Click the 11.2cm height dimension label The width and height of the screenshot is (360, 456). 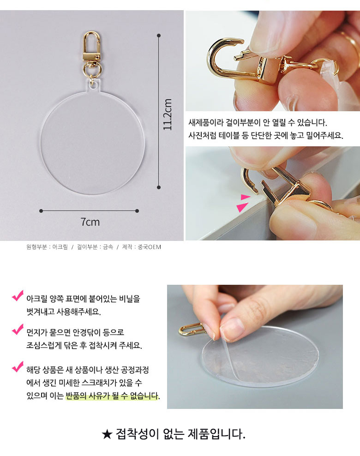click(x=168, y=114)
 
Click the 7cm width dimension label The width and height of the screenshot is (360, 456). click(x=90, y=222)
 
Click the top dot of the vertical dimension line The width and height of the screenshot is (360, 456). click(x=159, y=36)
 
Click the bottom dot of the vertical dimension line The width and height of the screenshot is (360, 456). click(x=159, y=187)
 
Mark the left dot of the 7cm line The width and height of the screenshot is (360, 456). click(x=41, y=211)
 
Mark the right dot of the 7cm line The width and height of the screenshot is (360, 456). click(x=137, y=211)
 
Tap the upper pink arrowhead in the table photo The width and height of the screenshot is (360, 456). click(x=245, y=197)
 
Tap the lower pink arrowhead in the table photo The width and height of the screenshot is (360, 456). click(x=242, y=207)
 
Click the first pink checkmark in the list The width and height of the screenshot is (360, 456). click(x=18, y=295)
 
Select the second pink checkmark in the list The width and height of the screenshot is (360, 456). click(x=18, y=329)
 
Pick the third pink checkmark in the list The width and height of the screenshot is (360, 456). click(x=18, y=367)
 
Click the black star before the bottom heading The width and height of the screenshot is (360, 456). click(x=107, y=435)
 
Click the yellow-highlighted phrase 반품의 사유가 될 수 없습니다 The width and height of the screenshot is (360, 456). click(x=112, y=396)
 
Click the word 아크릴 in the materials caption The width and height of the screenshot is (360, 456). click(x=60, y=247)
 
